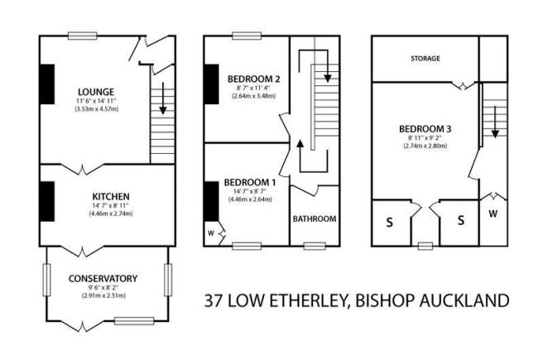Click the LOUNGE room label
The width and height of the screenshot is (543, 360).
(96, 92)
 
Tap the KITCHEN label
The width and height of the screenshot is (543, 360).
(111, 197)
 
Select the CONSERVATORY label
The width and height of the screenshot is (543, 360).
(103, 279)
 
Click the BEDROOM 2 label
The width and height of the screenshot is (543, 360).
(253, 79)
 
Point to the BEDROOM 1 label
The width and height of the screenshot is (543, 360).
(250, 182)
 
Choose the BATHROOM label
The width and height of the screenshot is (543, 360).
(315, 218)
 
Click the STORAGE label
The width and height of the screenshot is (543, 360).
(425, 59)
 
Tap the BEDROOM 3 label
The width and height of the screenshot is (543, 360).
(425, 129)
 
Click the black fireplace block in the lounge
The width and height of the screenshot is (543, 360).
(47, 84)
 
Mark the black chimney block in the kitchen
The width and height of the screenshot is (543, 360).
(47, 201)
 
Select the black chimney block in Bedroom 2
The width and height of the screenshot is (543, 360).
(211, 84)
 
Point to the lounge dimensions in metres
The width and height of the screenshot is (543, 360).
(97, 109)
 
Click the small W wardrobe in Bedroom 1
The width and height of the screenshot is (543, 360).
(211, 233)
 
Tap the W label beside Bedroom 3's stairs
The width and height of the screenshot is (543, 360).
(493, 214)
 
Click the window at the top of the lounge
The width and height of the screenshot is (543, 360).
(83, 36)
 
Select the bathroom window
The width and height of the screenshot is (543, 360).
(315, 246)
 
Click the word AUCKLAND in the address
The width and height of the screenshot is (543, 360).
(464, 300)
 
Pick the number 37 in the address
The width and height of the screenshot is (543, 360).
(213, 300)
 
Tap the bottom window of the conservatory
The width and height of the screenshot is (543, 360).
(134, 321)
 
